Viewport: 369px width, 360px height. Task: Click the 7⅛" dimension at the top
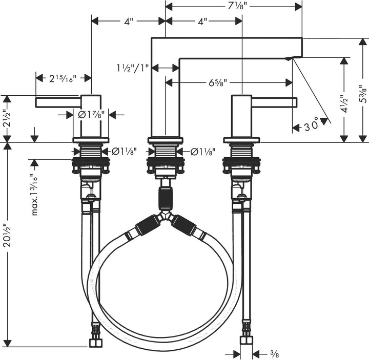[236, 6]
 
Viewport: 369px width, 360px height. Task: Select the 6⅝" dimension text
[218, 82]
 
